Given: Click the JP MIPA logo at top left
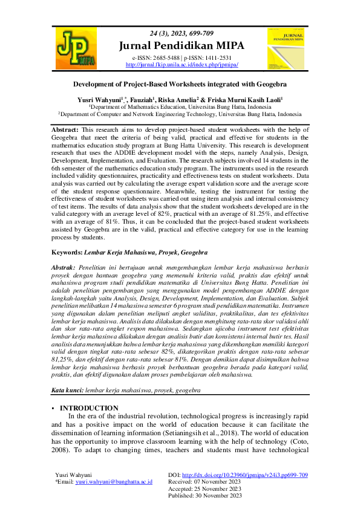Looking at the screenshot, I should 76,48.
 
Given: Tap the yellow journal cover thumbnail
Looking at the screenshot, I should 284,48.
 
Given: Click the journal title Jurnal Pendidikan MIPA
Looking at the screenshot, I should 182,45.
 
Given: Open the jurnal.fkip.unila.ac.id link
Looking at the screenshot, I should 182,64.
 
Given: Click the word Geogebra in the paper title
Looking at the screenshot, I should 270,86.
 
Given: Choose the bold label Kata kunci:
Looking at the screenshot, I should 67,391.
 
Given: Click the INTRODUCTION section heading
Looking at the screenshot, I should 93,408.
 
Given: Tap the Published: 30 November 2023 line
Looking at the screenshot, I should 206,495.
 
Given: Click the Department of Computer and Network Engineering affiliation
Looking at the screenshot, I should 180,113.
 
